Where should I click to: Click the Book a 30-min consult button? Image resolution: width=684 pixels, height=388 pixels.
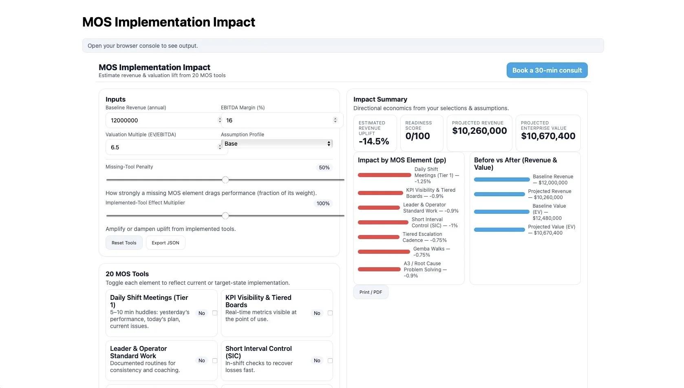(x=547, y=70)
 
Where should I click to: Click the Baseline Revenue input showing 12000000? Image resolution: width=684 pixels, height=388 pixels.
(x=161, y=120)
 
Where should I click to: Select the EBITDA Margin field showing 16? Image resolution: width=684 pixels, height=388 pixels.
(x=277, y=120)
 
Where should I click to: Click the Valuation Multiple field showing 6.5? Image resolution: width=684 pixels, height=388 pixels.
(x=161, y=147)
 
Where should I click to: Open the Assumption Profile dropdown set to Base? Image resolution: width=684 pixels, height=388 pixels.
(x=277, y=144)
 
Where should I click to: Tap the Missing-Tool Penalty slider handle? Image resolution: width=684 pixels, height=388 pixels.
(x=225, y=180)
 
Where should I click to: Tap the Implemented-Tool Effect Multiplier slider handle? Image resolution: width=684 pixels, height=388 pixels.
(x=225, y=216)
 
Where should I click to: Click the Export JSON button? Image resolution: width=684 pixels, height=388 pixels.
(x=165, y=243)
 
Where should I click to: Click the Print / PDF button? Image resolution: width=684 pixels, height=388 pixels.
(x=371, y=292)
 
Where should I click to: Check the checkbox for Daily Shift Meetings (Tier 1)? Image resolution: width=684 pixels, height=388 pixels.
(x=215, y=313)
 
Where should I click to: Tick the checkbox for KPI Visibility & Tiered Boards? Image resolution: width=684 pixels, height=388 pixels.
(x=330, y=313)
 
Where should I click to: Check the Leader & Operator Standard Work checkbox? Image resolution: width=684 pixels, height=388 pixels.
(x=215, y=360)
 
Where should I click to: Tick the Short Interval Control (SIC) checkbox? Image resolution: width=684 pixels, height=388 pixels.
(x=330, y=360)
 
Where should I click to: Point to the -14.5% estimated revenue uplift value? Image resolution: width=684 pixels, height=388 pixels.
(x=374, y=142)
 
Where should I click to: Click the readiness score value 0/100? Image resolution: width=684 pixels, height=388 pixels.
(x=417, y=136)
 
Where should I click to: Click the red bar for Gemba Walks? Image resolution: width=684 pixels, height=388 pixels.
(x=384, y=252)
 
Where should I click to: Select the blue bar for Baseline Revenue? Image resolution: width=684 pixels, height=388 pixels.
(x=501, y=180)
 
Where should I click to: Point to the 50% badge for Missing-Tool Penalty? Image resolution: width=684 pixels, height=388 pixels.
(x=324, y=168)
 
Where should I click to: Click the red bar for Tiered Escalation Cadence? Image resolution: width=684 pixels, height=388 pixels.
(x=378, y=237)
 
